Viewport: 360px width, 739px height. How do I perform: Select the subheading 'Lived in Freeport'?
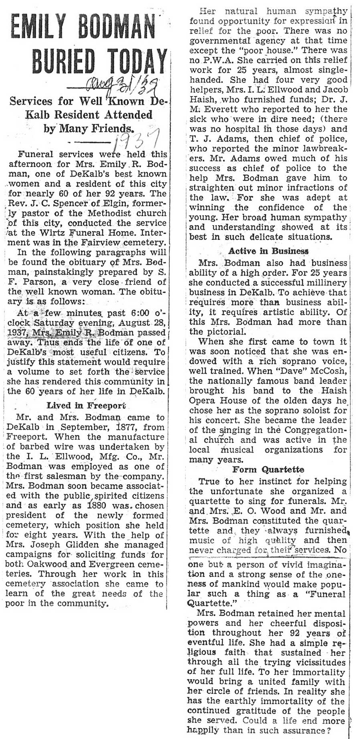[86, 405]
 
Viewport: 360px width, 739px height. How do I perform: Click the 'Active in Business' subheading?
[268, 251]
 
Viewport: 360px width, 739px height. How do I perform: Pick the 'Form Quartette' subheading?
[268, 469]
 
